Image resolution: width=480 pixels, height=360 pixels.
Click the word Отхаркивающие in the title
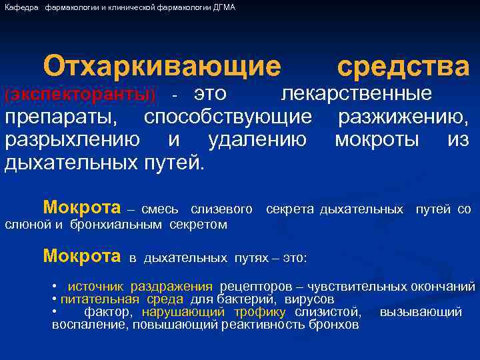[x=163, y=66]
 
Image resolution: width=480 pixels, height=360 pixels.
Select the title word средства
[x=403, y=66]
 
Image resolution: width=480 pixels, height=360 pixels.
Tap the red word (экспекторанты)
[x=80, y=95]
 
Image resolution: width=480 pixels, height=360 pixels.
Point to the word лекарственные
[x=356, y=93]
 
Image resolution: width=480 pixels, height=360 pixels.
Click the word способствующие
[x=229, y=117]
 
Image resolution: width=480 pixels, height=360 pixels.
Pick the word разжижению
[x=403, y=117]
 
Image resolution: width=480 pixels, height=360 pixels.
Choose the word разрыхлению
[x=73, y=140]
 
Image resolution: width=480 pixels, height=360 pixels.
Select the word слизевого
[x=221, y=210]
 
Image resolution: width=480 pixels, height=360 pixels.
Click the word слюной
[x=26, y=225]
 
